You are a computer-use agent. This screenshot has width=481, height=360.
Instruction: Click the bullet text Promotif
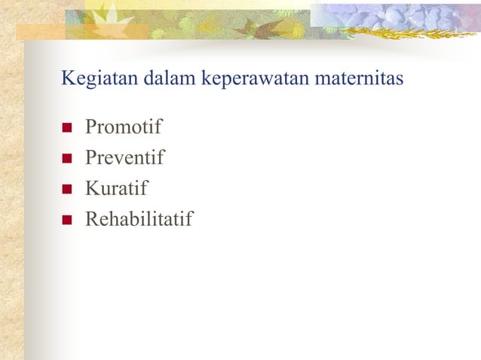pyautogui.click(x=124, y=127)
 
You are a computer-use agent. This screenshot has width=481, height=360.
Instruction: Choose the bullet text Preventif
pyautogui.click(x=124, y=158)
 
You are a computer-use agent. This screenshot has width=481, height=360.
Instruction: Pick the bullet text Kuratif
pyautogui.click(x=117, y=189)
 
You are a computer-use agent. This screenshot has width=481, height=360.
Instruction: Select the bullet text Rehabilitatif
pyautogui.click(x=139, y=220)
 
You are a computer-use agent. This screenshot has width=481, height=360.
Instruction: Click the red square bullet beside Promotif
pyautogui.click(x=66, y=128)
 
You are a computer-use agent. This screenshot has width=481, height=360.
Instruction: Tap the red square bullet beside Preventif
pyautogui.click(x=66, y=159)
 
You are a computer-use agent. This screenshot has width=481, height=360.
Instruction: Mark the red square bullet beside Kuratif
pyautogui.click(x=66, y=190)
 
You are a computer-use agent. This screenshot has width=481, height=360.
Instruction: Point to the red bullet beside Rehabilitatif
pyautogui.click(x=66, y=221)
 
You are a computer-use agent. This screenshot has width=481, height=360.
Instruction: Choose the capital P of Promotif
pyautogui.click(x=91, y=127)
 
